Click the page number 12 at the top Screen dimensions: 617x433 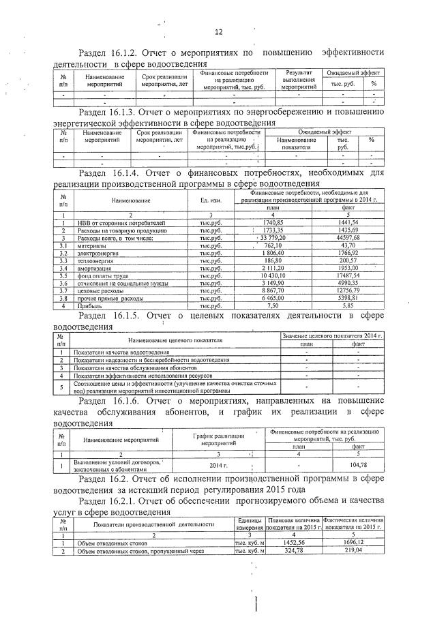[x=218, y=31]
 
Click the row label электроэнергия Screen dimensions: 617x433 [x=98, y=253]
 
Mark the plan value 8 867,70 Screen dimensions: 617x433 [x=273, y=291]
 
